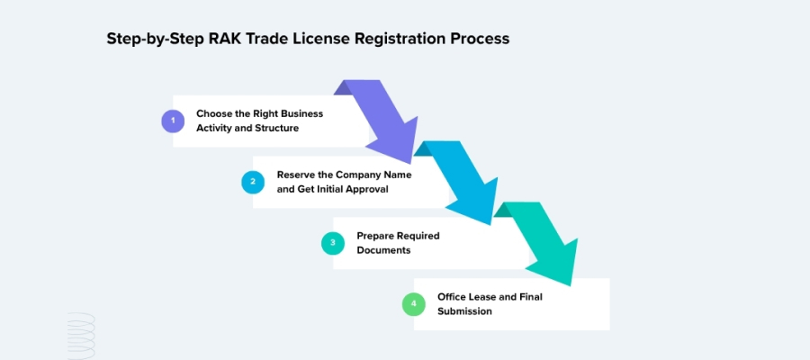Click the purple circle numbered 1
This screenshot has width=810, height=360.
pos(173,121)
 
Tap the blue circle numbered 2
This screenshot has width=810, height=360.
pos(253,182)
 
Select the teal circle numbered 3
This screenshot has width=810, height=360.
pos(333,243)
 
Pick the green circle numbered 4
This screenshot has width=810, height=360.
pos(413,304)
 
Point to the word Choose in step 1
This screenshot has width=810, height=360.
pos(214,114)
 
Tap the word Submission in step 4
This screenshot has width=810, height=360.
pos(465,311)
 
